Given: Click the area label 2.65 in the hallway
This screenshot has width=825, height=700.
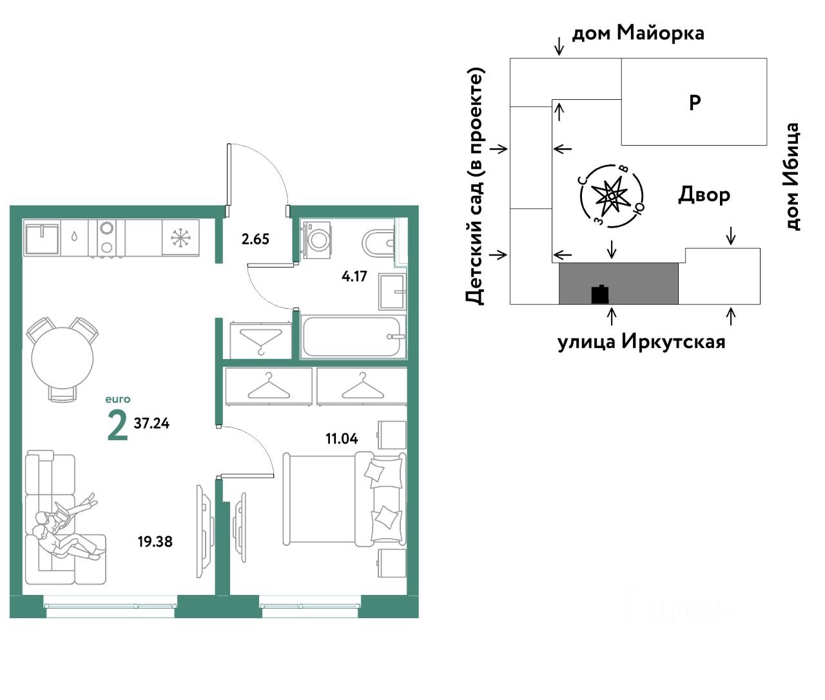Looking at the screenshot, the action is point(255,239).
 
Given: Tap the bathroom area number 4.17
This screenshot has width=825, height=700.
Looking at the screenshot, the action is point(354,276).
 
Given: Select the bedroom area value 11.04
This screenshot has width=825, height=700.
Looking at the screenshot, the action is point(342,438).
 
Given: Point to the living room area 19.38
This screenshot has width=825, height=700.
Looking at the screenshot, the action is point(155,541).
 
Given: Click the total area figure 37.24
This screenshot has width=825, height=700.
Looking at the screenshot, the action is point(151,423).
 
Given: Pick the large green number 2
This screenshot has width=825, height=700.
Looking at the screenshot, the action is point(118,426).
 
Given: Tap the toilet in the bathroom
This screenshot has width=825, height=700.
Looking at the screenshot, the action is point(378,242).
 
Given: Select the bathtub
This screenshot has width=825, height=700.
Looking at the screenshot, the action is point(353,336).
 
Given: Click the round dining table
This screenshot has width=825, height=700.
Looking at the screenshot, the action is point(63,358).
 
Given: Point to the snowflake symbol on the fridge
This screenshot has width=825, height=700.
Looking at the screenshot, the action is point(180,238).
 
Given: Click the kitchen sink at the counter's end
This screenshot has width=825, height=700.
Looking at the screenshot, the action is point(42,238).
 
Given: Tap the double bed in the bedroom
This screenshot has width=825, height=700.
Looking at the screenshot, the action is point(344,499).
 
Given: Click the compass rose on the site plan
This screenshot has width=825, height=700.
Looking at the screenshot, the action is point(610,196).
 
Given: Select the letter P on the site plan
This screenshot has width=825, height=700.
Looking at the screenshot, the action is point(695,102).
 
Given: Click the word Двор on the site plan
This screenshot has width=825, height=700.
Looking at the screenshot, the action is point(704,195).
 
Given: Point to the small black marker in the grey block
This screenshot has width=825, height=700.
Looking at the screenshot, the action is point(600,295).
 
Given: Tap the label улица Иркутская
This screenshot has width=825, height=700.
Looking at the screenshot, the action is point(641,342).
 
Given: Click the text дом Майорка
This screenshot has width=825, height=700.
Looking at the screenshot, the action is point(638,33).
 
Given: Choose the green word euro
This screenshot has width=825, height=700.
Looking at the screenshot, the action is point(118,399).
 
